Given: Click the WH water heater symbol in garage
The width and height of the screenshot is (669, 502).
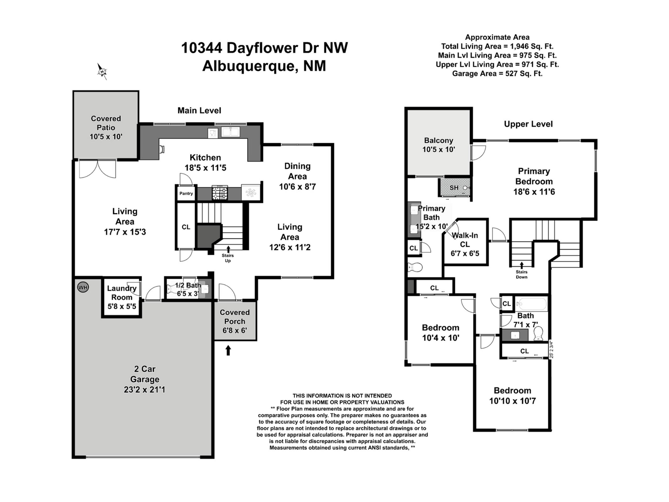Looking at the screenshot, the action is tap(83, 287).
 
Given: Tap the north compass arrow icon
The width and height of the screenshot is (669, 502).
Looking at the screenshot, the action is tap(102, 71).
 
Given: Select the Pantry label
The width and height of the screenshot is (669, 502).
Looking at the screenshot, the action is tap(186, 194).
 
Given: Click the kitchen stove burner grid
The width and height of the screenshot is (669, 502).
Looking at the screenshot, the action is tap(220, 193).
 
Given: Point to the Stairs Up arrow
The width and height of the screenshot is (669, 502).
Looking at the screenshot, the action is tap(228, 249).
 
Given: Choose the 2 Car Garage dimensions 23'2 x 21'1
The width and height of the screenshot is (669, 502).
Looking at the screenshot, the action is tap(145, 389).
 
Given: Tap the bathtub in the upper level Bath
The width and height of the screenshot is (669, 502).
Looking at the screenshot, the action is tap(531, 303).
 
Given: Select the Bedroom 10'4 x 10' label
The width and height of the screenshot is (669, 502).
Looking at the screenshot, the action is tap(441, 333).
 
